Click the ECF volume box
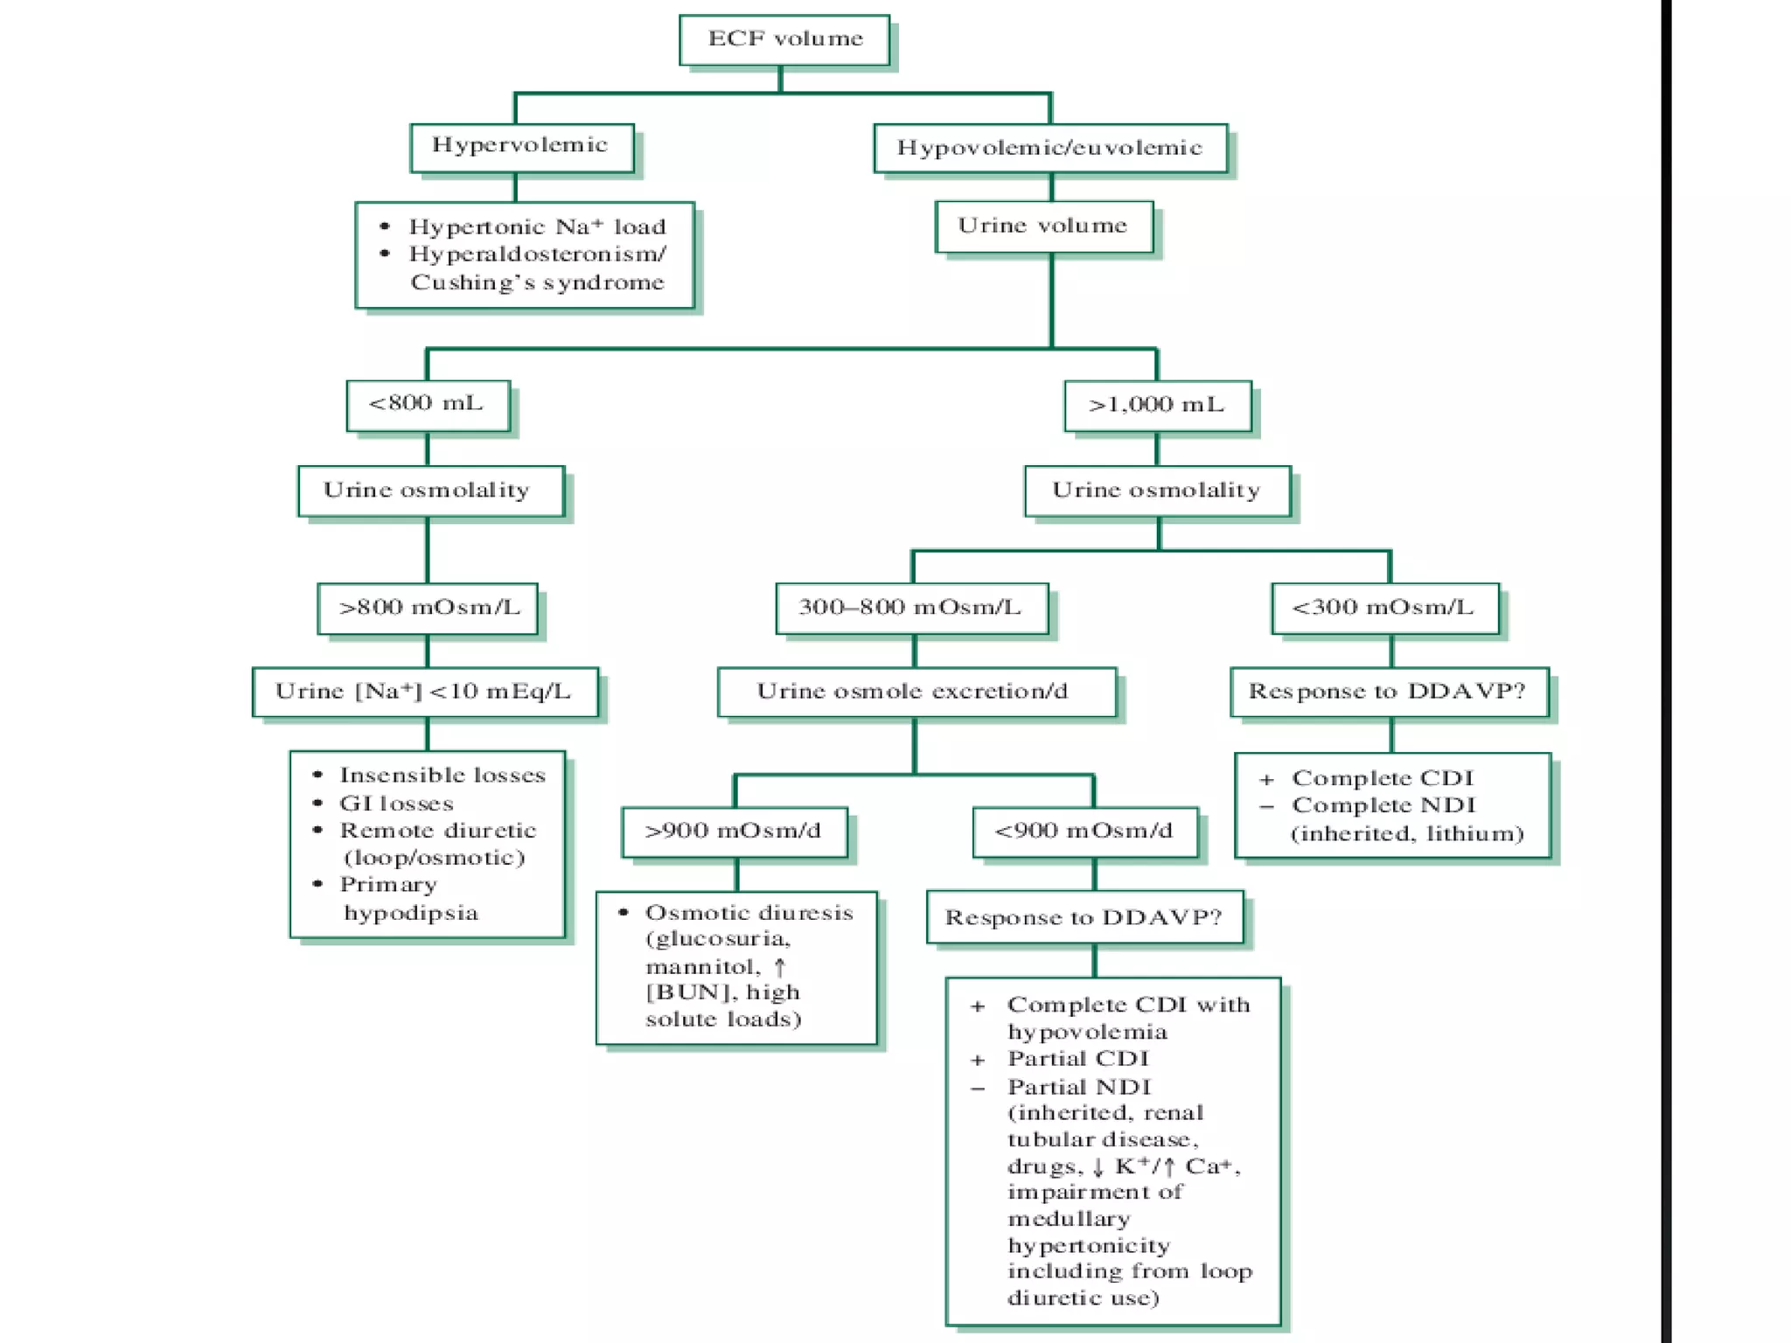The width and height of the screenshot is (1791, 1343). (x=784, y=39)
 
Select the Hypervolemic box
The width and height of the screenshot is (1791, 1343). (x=521, y=146)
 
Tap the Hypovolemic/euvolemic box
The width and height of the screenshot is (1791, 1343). (x=1049, y=148)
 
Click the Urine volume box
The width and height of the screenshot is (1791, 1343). (x=1043, y=226)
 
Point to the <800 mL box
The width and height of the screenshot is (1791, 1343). (x=427, y=404)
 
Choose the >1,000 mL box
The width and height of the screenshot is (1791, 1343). (x=1156, y=405)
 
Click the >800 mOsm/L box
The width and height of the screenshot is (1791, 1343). (x=428, y=608)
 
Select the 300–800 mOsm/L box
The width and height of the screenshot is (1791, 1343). (x=910, y=608)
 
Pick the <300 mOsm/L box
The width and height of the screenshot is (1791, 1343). (x=1384, y=608)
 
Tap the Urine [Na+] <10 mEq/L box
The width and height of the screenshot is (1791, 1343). (x=424, y=692)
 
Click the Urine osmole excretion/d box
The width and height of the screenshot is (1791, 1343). (x=914, y=692)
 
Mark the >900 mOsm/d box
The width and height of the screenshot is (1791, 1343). (x=734, y=831)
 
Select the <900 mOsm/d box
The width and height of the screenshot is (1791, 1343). (x=1084, y=831)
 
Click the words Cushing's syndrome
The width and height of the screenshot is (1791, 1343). (x=537, y=283)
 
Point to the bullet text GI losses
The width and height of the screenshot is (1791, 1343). (x=396, y=804)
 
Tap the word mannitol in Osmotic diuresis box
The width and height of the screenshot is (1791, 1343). (x=701, y=967)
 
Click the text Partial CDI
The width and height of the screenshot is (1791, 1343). (x=1077, y=1059)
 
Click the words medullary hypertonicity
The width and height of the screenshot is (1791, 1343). (x=1087, y=1232)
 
